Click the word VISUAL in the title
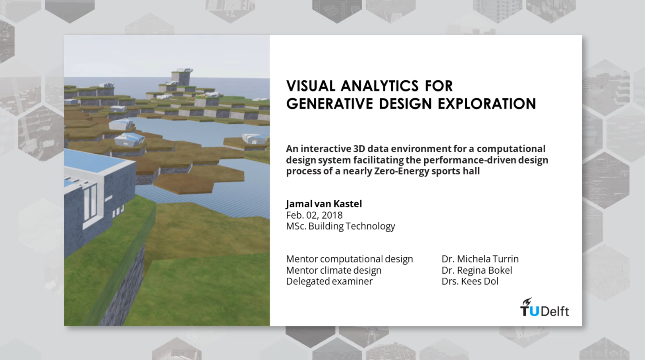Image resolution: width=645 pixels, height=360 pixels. coord(311,86)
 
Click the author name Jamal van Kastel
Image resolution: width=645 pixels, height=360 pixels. coord(324,204)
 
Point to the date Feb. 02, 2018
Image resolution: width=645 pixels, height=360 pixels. coord(314,215)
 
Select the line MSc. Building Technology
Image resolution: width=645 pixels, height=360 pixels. coord(340,226)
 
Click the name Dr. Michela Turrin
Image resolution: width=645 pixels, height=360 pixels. coord(480,259)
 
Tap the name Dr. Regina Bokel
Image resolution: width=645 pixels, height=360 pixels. coord(477,271)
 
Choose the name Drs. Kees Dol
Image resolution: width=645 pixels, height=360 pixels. coord(470,282)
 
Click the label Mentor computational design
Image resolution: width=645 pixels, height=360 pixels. coord(349,259)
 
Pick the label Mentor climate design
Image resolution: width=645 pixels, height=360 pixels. coord(333,271)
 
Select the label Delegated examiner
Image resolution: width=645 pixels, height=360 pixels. coord(329,282)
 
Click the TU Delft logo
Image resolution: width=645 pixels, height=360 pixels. coord(545,310)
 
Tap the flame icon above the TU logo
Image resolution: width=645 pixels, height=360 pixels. coord(527,302)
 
